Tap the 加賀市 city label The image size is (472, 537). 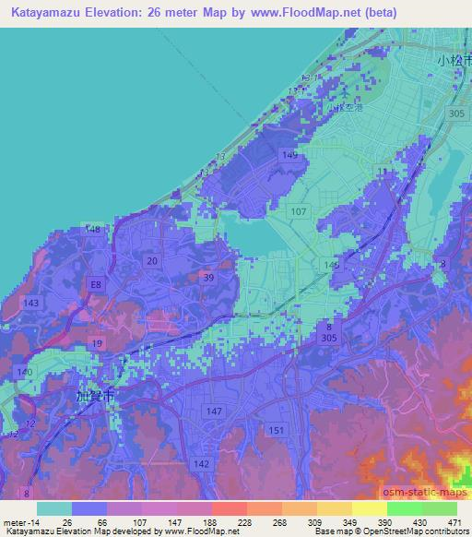96,394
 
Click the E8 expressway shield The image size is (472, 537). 95,286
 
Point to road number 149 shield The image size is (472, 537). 291,155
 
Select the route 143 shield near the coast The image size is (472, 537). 32,304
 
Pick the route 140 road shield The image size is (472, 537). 25,371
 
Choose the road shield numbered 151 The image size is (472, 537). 275,430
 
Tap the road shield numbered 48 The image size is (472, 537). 93,229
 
